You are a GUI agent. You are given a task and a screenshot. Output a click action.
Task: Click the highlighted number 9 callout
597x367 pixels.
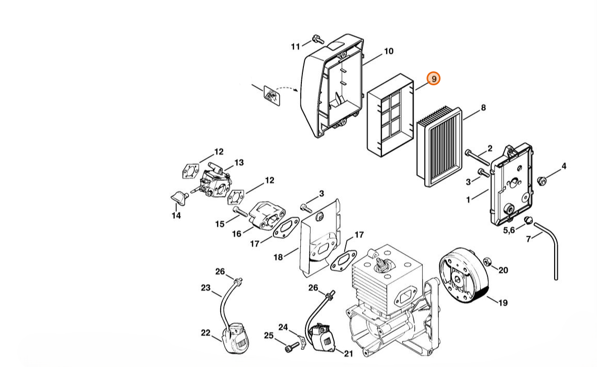point(434,79)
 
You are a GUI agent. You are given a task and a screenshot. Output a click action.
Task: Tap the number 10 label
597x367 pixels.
point(388,51)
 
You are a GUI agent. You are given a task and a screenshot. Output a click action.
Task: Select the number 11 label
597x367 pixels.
point(295,47)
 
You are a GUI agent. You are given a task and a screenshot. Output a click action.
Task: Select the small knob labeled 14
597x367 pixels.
point(178,197)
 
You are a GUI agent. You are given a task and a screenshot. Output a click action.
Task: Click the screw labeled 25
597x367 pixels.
point(289,348)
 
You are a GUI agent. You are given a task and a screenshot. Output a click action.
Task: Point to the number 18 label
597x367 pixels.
point(278,257)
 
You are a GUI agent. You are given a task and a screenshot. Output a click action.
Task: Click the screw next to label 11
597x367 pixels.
point(316,39)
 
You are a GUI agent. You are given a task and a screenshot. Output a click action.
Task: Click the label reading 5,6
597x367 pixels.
point(509,230)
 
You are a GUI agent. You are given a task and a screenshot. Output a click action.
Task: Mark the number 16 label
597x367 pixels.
point(236,234)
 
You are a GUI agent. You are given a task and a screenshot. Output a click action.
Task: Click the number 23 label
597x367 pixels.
point(206,288)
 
